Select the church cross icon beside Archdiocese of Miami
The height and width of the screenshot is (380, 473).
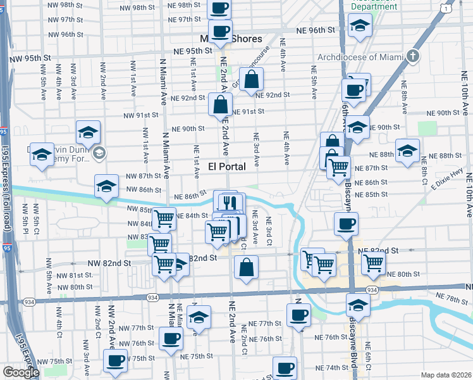tap(414, 56)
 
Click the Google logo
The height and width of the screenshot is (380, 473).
tap(21, 372)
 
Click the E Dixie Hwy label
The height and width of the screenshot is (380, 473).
tap(443, 178)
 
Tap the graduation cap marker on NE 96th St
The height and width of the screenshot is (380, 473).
tap(360, 26)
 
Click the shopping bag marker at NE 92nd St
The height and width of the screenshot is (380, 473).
tap(251, 80)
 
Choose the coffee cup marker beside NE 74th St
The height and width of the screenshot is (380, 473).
tap(285, 368)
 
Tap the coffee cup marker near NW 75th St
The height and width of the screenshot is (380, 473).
tap(116, 361)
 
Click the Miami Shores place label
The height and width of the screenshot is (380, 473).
tap(230, 39)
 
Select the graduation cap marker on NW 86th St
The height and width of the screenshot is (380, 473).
tap(107, 187)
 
